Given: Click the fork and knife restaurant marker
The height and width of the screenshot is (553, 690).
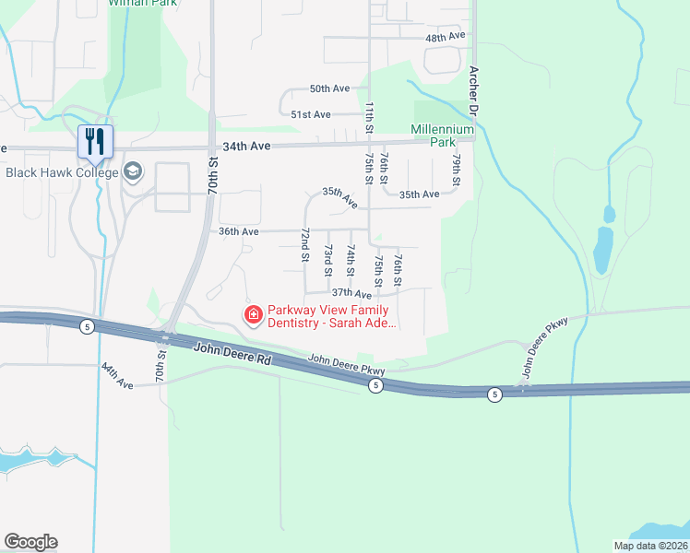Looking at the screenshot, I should click(94, 140).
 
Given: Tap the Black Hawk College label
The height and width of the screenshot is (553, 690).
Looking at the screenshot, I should click(62, 172).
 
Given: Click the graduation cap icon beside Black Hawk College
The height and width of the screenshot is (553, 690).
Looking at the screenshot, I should click(133, 171).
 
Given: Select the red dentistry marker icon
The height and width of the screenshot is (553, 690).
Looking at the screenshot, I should click(252, 315).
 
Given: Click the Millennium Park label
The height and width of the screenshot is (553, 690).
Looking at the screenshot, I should click(443, 135).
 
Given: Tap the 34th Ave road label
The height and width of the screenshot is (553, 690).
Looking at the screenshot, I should click(244, 146).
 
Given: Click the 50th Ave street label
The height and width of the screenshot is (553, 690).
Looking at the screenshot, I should click(329, 88).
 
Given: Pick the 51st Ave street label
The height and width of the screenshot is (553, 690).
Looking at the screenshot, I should click(310, 114).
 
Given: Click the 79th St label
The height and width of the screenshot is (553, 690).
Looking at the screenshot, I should click(456, 169).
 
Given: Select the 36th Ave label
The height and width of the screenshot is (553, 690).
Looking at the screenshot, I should click(238, 231).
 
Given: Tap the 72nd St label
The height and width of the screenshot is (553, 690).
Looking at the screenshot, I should click(303, 248).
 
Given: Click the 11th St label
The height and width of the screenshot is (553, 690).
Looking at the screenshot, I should click(369, 117).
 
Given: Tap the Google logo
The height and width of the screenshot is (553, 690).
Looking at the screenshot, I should click(30, 542).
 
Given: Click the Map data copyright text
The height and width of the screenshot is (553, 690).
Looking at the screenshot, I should click(650, 546).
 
